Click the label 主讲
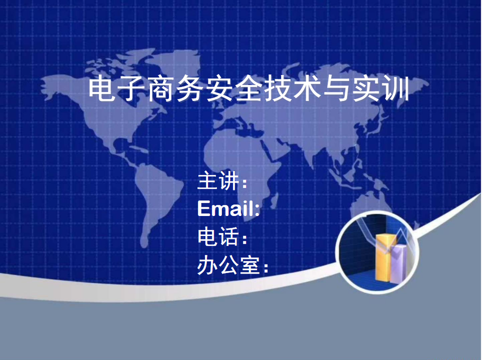(218, 181)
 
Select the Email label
(229, 208)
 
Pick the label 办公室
(229, 265)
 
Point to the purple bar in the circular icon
(398, 264)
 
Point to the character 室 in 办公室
(249, 265)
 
